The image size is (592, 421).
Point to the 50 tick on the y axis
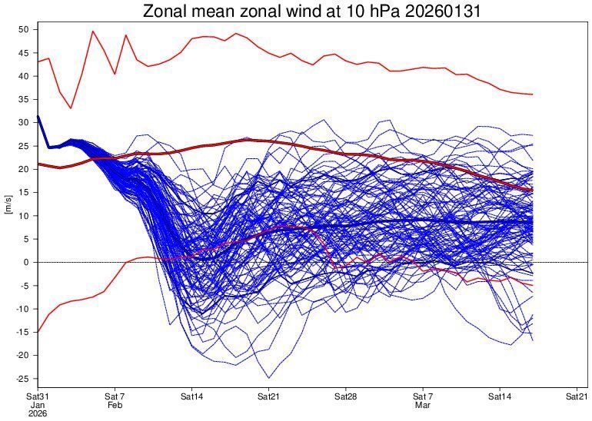pos(23,30)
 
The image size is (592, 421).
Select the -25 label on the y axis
pos(22,379)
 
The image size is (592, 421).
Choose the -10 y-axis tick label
pos(22,309)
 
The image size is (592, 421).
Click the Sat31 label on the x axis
pos(37,395)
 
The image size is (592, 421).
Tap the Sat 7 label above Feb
pos(115,395)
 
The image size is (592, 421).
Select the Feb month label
pos(115,404)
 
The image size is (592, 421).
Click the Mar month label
pos(423,404)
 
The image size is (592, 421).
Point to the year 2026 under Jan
pos(37,413)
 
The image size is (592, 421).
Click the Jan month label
pos(37,404)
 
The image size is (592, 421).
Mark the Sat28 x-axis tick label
pos(346,395)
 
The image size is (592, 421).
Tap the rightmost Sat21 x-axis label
pos(577,395)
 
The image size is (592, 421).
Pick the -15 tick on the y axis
pos(22,332)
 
